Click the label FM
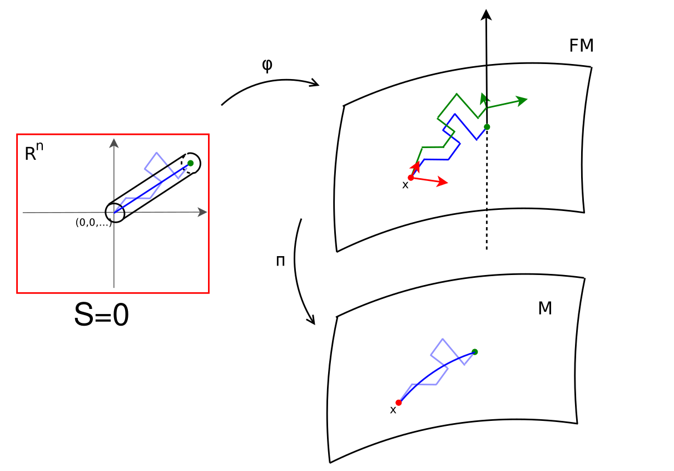click(x=581, y=46)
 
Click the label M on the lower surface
click(x=545, y=308)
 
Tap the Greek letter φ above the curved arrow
click(x=267, y=66)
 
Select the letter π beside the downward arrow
click(x=281, y=261)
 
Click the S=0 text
click(x=101, y=316)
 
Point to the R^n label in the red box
click(x=33, y=152)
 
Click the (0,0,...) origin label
click(x=93, y=223)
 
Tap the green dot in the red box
click(x=191, y=163)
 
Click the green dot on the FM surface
click(x=487, y=127)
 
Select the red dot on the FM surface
click(x=411, y=178)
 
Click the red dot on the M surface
click(x=399, y=403)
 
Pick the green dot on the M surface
click(x=474, y=351)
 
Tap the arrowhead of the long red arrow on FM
click(x=443, y=182)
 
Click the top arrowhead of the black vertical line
click(x=487, y=15)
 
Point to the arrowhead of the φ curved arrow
click(x=315, y=84)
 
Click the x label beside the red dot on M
click(x=393, y=410)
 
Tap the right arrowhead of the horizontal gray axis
click(x=203, y=212)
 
